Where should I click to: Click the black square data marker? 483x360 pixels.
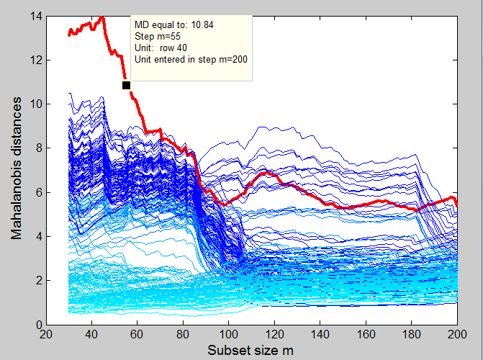coord(126,85)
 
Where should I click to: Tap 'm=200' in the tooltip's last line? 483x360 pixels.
coord(233,59)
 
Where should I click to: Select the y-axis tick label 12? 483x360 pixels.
coord(33,60)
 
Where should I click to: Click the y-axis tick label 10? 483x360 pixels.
coord(33,104)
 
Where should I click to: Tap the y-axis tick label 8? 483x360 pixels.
coord(36,148)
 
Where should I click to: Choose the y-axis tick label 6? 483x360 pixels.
coord(36,192)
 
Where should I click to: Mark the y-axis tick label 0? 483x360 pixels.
coord(36,325)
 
